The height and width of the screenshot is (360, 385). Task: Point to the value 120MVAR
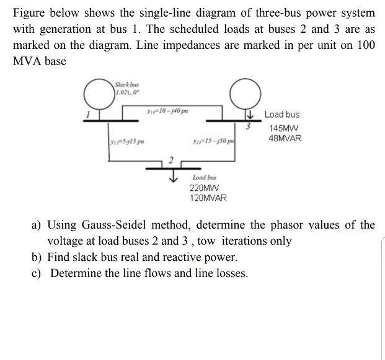click(208, 198)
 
